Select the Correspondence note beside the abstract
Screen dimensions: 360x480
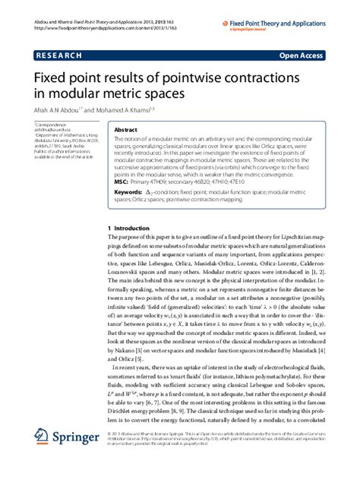[x=50, y=128]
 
